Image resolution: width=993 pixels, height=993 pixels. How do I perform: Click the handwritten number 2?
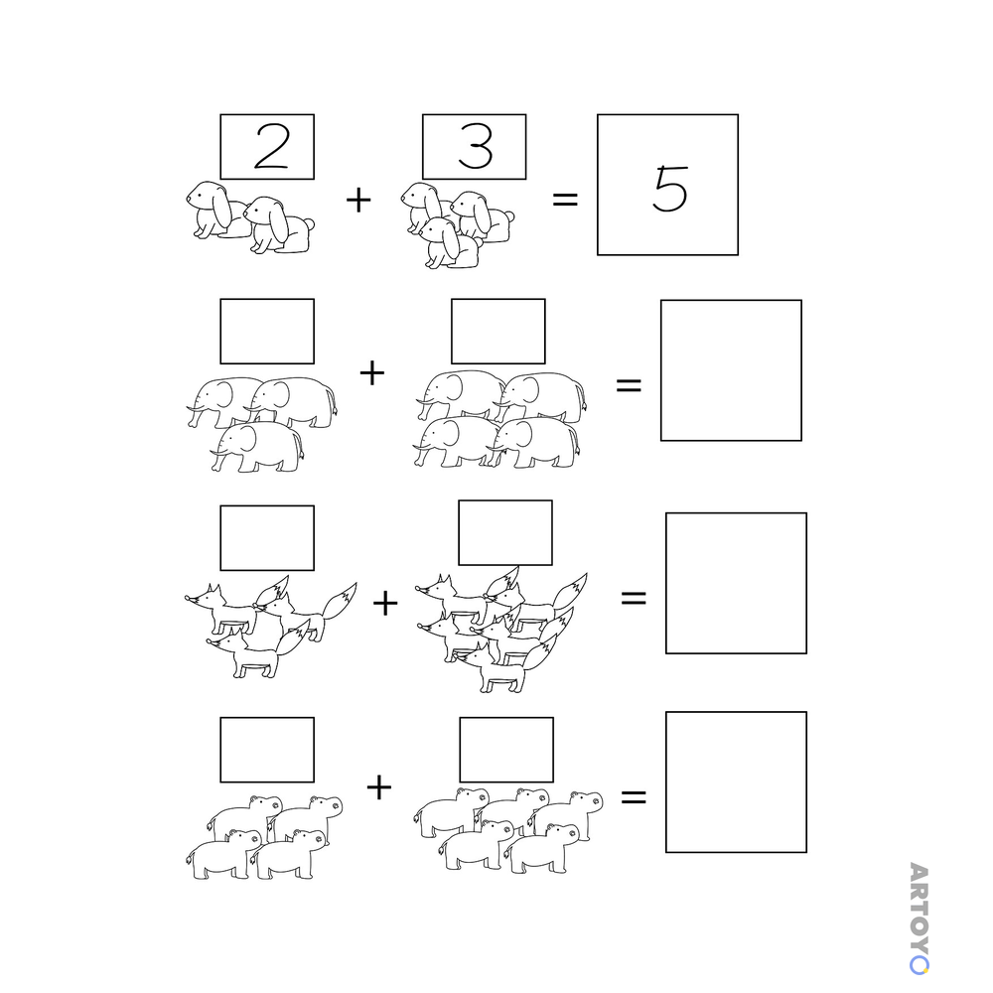click(272, 146)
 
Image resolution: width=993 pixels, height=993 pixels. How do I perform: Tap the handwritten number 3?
click(475, 146)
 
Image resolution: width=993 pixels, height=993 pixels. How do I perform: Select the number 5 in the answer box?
click(670, 188)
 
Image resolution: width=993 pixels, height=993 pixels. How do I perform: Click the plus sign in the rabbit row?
click(358, 200)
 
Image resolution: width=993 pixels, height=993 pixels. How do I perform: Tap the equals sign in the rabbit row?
click(565, 200)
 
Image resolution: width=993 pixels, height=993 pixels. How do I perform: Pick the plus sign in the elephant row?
click(371, 372)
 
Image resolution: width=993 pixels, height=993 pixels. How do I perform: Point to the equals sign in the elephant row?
click(629, 384)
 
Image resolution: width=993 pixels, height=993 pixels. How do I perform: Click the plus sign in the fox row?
click(385, 603)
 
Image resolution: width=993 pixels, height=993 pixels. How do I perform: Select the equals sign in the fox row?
click(634, 597)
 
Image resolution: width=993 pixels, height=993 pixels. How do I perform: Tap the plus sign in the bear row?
click(378, 787)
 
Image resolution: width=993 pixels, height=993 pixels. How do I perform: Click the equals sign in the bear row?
click(634, 796)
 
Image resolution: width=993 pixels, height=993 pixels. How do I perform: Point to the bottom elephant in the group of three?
click(258, 447)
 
